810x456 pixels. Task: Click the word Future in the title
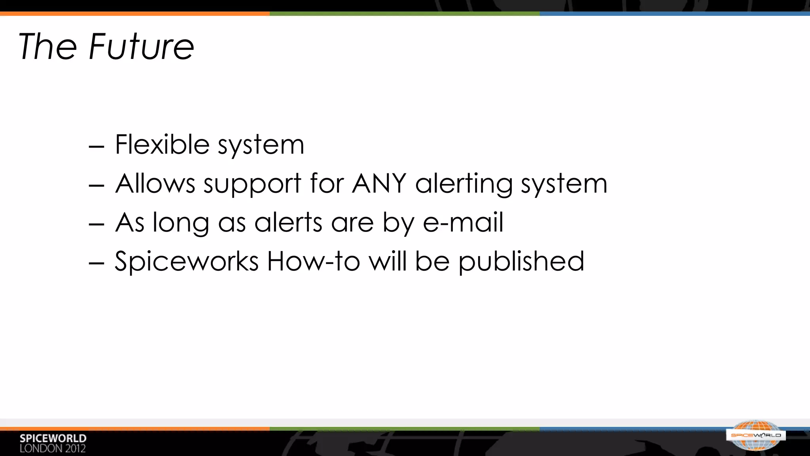[142, 47]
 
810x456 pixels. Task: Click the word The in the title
[47, 47]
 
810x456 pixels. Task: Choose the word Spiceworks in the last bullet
[186, 261]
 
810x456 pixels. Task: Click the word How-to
[313, 261]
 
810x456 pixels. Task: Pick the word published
[521, 262]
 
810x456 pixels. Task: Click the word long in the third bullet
[181, 223]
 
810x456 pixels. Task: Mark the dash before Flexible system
[97, 146]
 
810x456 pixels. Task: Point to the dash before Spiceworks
[97, 263]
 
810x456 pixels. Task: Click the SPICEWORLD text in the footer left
[53, 438]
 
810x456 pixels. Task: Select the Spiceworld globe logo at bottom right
[756, 435]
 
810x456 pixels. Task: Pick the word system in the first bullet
[261, 145]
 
